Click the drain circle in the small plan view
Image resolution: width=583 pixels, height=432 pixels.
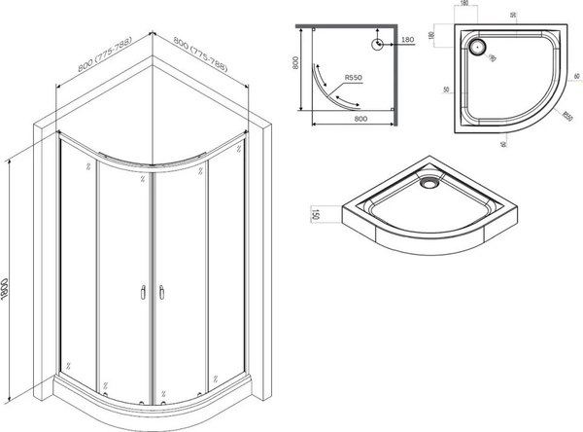376,43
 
